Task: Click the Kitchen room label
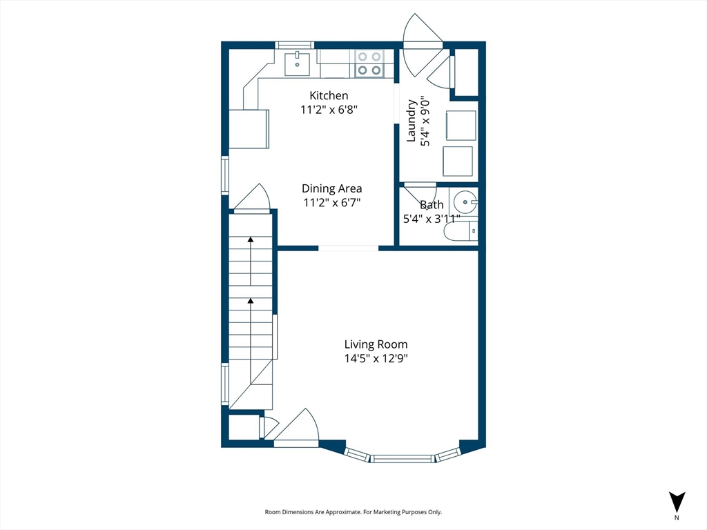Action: coord(329,95)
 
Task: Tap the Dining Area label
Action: coord(331,188)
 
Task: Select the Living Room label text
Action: coord(376,344)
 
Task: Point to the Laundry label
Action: coord(411,120)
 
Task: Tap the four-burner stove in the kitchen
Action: coord(369,63)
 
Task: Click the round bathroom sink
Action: coord(465,202)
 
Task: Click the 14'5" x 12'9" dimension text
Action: coord(376,359)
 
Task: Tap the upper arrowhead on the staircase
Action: coord(251,239)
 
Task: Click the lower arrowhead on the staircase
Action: coord(251,300)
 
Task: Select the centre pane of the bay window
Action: coord(403,459)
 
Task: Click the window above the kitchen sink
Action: coord(294,45)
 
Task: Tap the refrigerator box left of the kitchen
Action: coord(249,129)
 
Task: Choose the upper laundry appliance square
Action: coord(461,126)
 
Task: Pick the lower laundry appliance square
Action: coord(458,161)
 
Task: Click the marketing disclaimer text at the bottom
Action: coord(353,512)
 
